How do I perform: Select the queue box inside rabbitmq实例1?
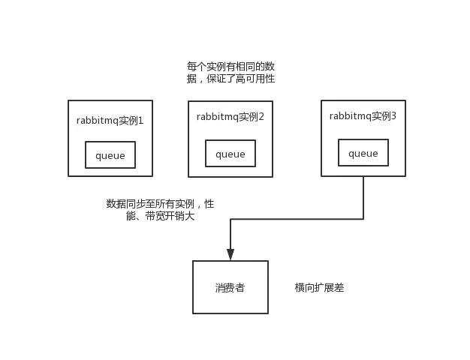point(110,155)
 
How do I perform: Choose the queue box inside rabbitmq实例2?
point(230,154)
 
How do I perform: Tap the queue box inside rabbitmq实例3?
point(363,153)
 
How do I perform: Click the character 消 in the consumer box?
point(219,288)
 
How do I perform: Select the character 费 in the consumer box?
point(230,288)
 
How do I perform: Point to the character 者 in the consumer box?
point(240,288)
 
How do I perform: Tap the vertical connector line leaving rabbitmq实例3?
point(364,199)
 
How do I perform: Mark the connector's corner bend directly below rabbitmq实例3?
point(364,220)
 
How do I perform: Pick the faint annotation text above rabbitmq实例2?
point(230,73)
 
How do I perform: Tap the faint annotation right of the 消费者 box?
point(321,288)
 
